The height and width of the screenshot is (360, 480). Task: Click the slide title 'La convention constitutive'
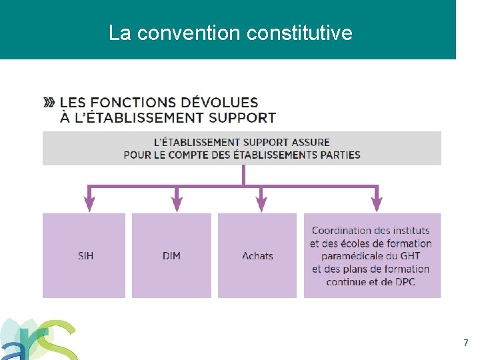[x=230, y=32]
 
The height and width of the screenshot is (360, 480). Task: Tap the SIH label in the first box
[x=85, y=256]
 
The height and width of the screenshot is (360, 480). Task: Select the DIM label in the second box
[x=171, y=256]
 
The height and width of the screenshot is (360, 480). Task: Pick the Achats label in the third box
[x=257, y=256]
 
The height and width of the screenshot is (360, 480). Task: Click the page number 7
[x=466, y=343]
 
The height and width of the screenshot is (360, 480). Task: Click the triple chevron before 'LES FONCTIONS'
[x=49, y=103]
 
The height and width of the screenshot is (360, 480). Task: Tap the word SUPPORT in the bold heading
[x=242, y=118]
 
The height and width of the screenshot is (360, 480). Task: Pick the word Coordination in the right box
[x=343, y=231]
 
